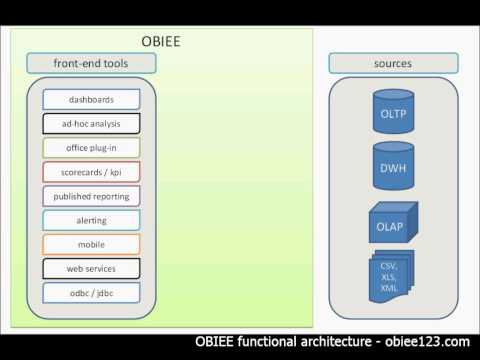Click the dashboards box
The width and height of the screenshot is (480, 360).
pos(91,100)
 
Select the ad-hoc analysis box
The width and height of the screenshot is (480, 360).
pos(91,124)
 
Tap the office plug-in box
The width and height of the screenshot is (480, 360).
pos(91,148)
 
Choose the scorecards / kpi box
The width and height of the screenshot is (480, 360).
pos(91,172)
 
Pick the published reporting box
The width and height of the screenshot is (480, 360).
pos(91,196)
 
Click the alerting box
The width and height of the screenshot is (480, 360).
pos(91,220)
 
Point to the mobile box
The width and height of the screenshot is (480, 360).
pos(91,244)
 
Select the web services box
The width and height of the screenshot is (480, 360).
pos(91,268)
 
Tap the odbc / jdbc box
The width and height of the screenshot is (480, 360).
pos(91,292)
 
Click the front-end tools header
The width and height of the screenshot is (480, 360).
pos(91,63)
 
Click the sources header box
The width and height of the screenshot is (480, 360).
pos(392,63)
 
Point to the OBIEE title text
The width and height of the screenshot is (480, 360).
pos(160,42)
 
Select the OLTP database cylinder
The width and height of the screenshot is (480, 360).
pos(392,112)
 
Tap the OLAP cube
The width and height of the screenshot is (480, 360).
pos(391,225)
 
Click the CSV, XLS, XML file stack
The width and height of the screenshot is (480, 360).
pos(390,276)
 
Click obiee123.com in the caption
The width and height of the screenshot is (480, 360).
pos(426,341)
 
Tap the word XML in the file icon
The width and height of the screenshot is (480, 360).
pos(388,288)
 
